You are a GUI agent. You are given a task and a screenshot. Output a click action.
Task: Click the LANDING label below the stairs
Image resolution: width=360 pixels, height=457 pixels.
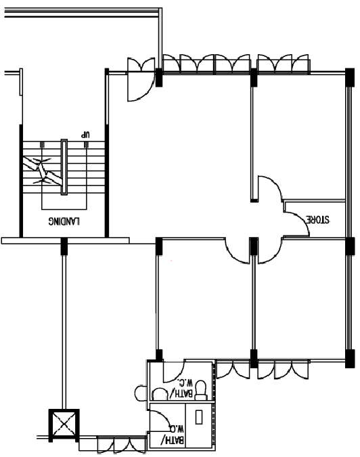[x=64, y=221]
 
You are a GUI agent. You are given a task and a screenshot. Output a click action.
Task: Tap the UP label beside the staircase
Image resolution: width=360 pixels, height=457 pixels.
[x=85, y=135]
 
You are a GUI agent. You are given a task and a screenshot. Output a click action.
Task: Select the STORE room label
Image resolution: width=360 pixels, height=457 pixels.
[x=317, y=219]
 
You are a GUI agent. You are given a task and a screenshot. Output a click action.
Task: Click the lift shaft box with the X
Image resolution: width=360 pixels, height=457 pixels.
[x=64, y=425]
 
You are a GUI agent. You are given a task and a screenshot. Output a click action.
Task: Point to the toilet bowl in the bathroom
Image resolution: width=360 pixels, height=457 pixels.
[x=201, y=390]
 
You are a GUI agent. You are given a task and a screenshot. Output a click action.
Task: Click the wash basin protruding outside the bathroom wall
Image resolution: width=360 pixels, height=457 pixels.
[x=141, y=393]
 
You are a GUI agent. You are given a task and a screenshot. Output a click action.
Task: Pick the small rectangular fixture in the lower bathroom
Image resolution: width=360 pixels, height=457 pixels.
[x=199, y=417]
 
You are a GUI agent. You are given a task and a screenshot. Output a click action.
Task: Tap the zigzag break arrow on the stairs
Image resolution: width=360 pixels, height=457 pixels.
[x=43, y=171]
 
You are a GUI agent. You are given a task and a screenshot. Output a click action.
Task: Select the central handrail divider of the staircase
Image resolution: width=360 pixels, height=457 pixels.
[x=64, y=167]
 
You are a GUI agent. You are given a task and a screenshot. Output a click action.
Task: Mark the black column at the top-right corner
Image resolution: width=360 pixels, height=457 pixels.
[x=350, y=77]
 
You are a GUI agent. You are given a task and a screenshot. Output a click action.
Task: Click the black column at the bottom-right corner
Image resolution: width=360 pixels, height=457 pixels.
[x=350, y=358]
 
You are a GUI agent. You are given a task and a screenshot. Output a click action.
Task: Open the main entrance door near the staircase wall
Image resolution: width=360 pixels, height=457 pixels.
[x=141, y=86]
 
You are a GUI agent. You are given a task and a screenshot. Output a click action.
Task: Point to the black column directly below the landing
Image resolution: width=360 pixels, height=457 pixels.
[x=64, y=246]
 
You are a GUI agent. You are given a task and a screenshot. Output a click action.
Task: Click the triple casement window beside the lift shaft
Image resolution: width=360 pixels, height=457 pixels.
[x=121, y=445]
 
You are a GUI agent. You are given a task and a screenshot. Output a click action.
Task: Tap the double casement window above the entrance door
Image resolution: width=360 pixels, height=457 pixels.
[x=141, y=64]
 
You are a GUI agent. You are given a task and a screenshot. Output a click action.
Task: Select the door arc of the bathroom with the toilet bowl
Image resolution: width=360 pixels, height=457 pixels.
[x=173, y=372]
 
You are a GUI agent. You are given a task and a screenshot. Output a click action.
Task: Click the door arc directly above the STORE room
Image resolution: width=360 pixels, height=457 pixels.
[x=270, y=188]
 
